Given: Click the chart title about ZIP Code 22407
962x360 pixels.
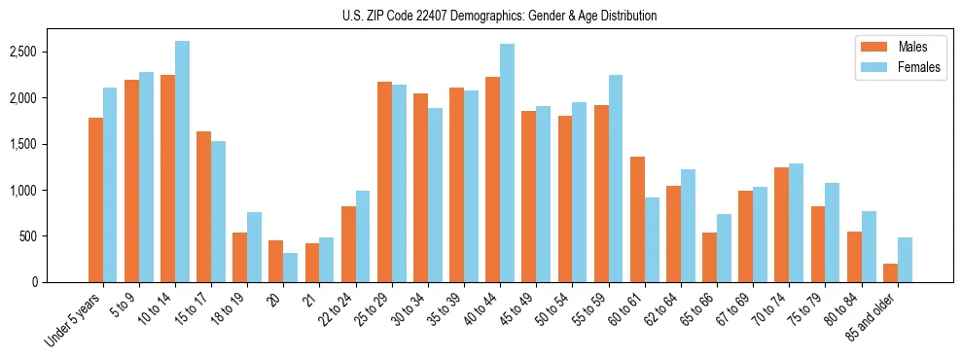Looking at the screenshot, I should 500,16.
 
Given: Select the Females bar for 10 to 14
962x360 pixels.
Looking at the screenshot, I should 182,162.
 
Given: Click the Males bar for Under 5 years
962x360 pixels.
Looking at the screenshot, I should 95,199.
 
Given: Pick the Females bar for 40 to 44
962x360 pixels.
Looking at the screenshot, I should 507,162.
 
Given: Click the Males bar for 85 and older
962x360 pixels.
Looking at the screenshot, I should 890,272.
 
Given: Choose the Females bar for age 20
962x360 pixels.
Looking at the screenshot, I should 290,268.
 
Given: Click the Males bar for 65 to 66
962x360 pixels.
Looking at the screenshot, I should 709,257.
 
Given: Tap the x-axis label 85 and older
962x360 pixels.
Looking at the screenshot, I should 873,317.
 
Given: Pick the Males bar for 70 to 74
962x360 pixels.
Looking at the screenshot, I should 782,225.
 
